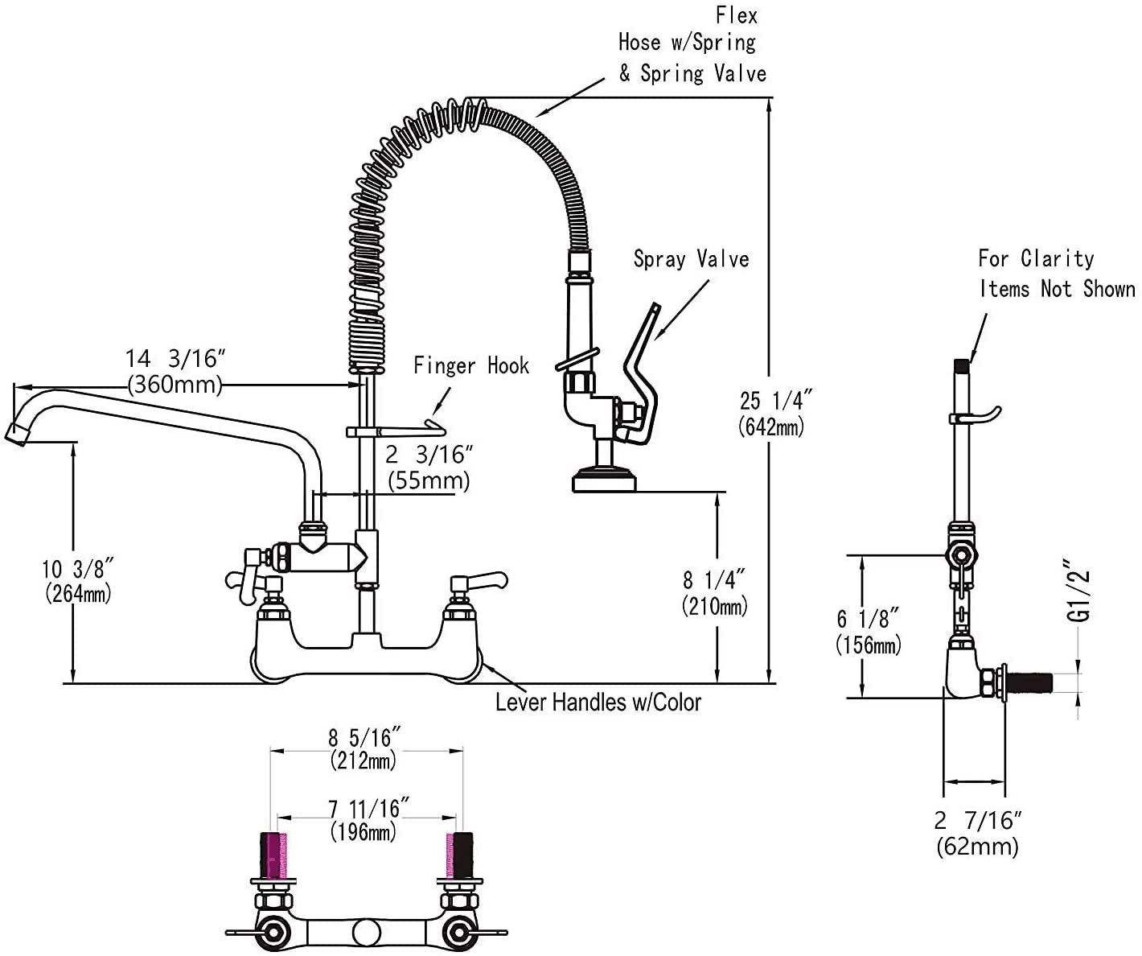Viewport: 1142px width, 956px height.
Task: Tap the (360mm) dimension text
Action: point(174,384)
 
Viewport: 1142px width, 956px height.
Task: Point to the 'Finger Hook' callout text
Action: point(471,366)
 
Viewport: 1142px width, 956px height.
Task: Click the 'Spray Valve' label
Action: point(691,259)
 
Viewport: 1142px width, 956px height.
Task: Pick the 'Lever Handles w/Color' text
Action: point(598,703)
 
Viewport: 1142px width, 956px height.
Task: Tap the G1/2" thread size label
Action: point(1082,591)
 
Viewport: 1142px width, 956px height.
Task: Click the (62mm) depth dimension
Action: point(977,846)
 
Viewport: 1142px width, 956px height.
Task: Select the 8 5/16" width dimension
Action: point(364,737)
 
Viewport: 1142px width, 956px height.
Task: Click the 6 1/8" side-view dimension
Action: point(868,619)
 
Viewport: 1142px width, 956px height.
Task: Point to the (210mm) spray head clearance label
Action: point(715,604)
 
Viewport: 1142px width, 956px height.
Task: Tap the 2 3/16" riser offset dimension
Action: point(427,455)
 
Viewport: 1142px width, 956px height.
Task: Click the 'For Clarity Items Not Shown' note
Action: point(1056,274)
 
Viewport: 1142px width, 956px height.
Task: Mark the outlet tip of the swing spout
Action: point(18,435)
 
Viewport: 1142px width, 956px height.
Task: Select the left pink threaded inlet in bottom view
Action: point(274,855)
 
